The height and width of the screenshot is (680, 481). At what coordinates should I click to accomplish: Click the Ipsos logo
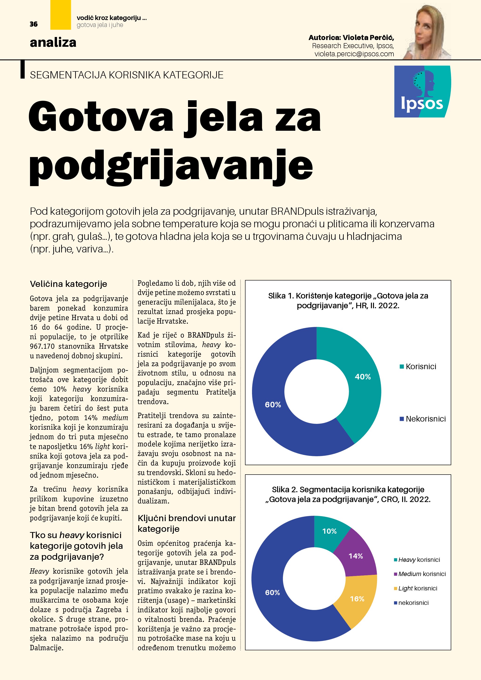422,91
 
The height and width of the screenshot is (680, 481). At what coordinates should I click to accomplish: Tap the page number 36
34,24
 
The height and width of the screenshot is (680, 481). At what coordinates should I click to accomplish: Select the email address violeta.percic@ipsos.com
354,54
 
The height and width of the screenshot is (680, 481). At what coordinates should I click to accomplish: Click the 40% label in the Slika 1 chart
363,377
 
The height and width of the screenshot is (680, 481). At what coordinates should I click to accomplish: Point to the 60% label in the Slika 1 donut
273,405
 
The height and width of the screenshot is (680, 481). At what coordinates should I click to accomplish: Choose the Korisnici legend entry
420,367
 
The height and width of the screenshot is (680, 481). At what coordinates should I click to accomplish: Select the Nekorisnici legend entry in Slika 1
425,419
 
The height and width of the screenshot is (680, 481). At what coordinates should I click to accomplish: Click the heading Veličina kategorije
68,284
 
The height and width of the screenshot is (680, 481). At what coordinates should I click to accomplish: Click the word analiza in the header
53,43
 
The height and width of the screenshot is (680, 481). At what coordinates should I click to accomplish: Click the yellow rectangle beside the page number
61,15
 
